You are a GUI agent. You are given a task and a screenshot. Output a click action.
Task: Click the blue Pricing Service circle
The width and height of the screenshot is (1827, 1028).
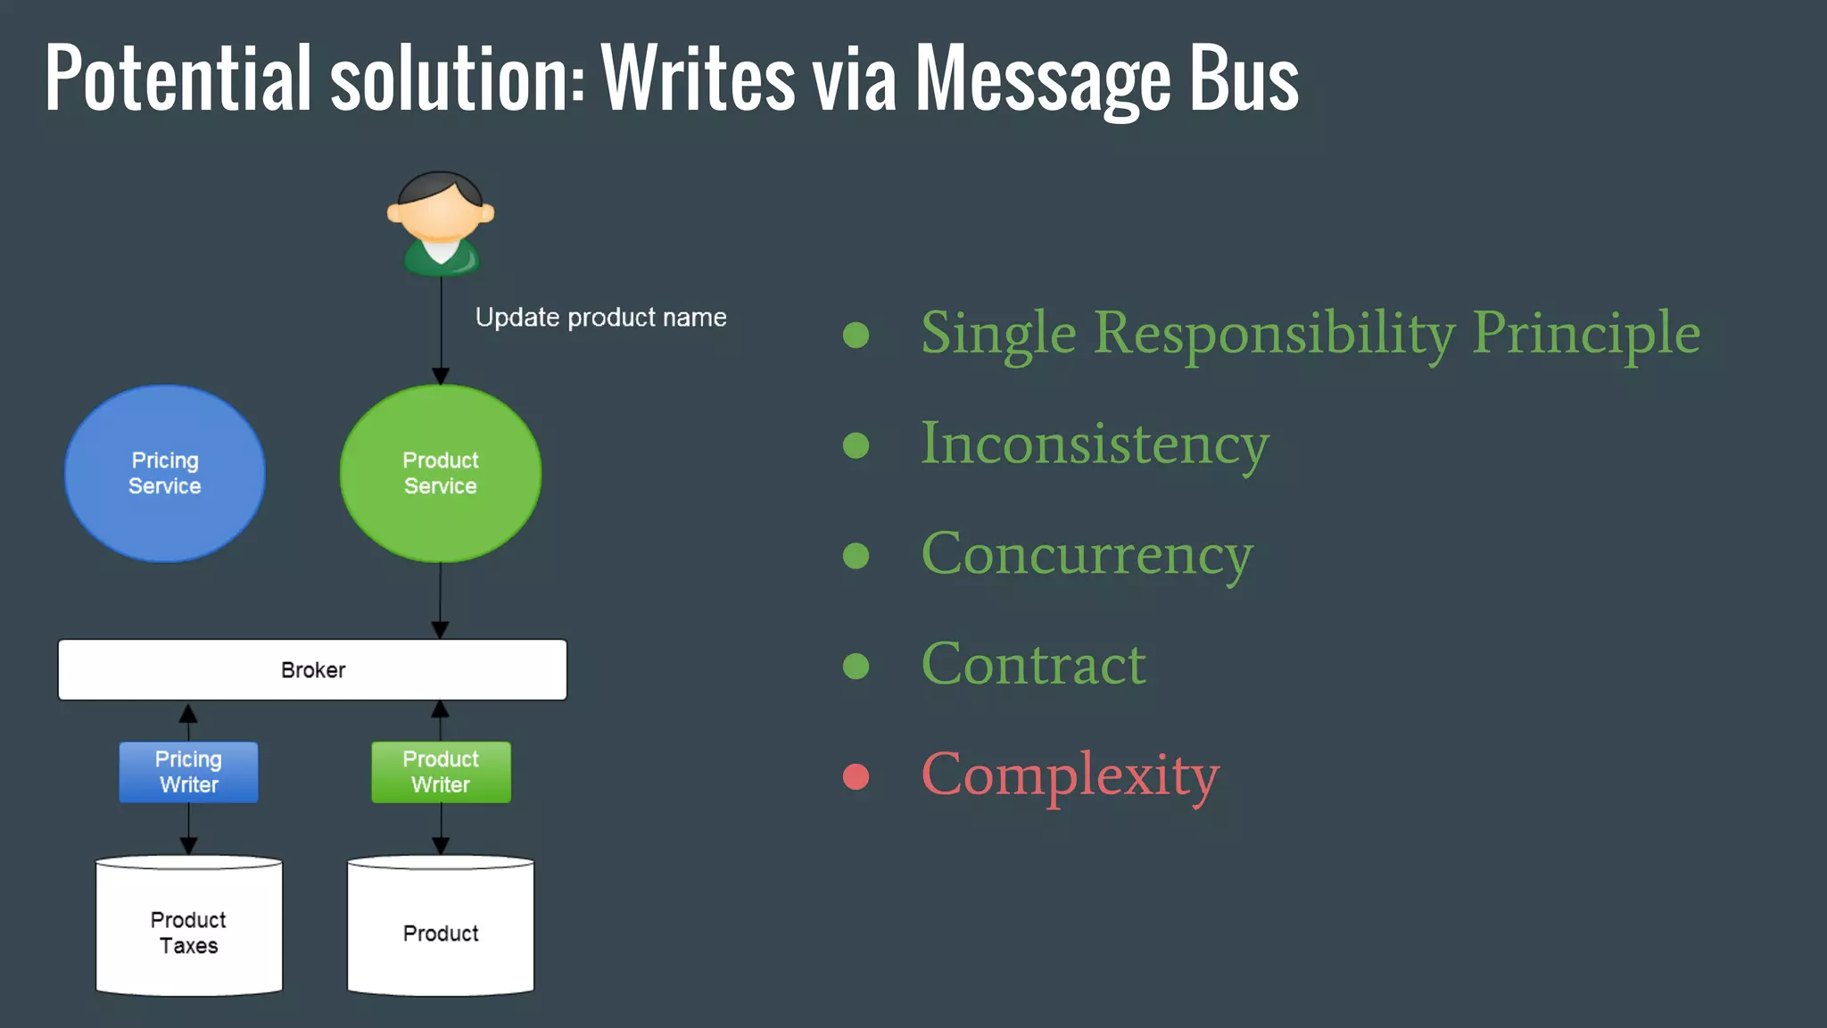[165, 474]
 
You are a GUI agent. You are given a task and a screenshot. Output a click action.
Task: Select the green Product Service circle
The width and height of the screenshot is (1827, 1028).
[440, 474]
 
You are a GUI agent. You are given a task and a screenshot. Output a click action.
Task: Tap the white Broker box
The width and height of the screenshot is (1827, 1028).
[312, 669]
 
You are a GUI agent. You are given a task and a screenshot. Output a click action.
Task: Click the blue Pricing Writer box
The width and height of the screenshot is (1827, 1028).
[189, 772]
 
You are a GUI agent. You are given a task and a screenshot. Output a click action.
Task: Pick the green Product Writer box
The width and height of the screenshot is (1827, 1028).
[441, 772]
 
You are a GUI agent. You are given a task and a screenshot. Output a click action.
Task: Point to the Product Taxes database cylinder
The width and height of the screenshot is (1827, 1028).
[189, 928]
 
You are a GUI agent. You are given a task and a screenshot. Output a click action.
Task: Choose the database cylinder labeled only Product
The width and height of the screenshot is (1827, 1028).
[441, 928]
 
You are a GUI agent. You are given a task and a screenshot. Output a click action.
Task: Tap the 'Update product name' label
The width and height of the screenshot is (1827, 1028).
[600, 318]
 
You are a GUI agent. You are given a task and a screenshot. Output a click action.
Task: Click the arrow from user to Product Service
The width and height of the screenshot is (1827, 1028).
[441, 330]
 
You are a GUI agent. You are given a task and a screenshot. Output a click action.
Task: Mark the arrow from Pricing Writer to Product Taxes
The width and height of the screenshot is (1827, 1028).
[189, 830]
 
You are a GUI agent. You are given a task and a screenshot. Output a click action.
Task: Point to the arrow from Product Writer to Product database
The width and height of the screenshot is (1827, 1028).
[441, 830]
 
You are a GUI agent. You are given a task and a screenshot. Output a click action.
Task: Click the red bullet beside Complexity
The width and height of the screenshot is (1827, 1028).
[856, 776]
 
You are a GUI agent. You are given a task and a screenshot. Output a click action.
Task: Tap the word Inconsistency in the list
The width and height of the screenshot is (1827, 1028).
[1095, 444]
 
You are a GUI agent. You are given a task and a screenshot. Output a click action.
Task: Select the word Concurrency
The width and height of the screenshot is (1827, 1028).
[1087, 554]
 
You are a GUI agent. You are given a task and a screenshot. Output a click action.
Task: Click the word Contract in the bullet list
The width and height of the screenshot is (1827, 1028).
[1033, 665]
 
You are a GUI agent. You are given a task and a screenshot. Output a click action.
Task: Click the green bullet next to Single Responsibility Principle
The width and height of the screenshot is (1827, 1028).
[856, 335]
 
